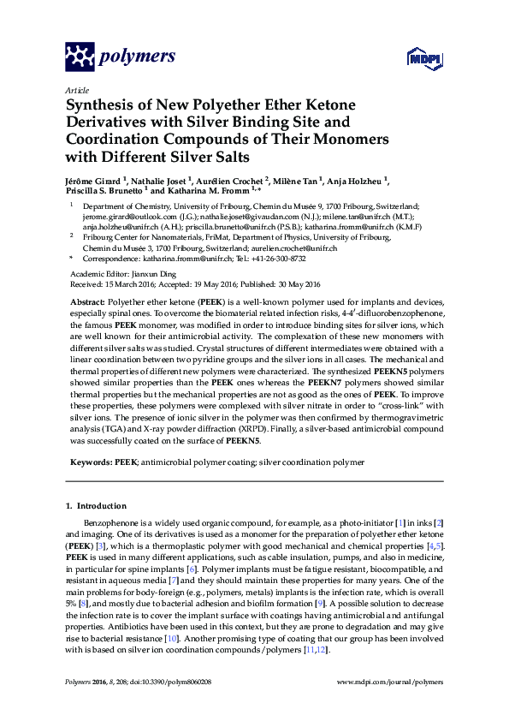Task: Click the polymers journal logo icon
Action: tap(80, 57)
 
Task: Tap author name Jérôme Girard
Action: tap(94, 181)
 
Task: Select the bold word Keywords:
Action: tap(91, 462)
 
